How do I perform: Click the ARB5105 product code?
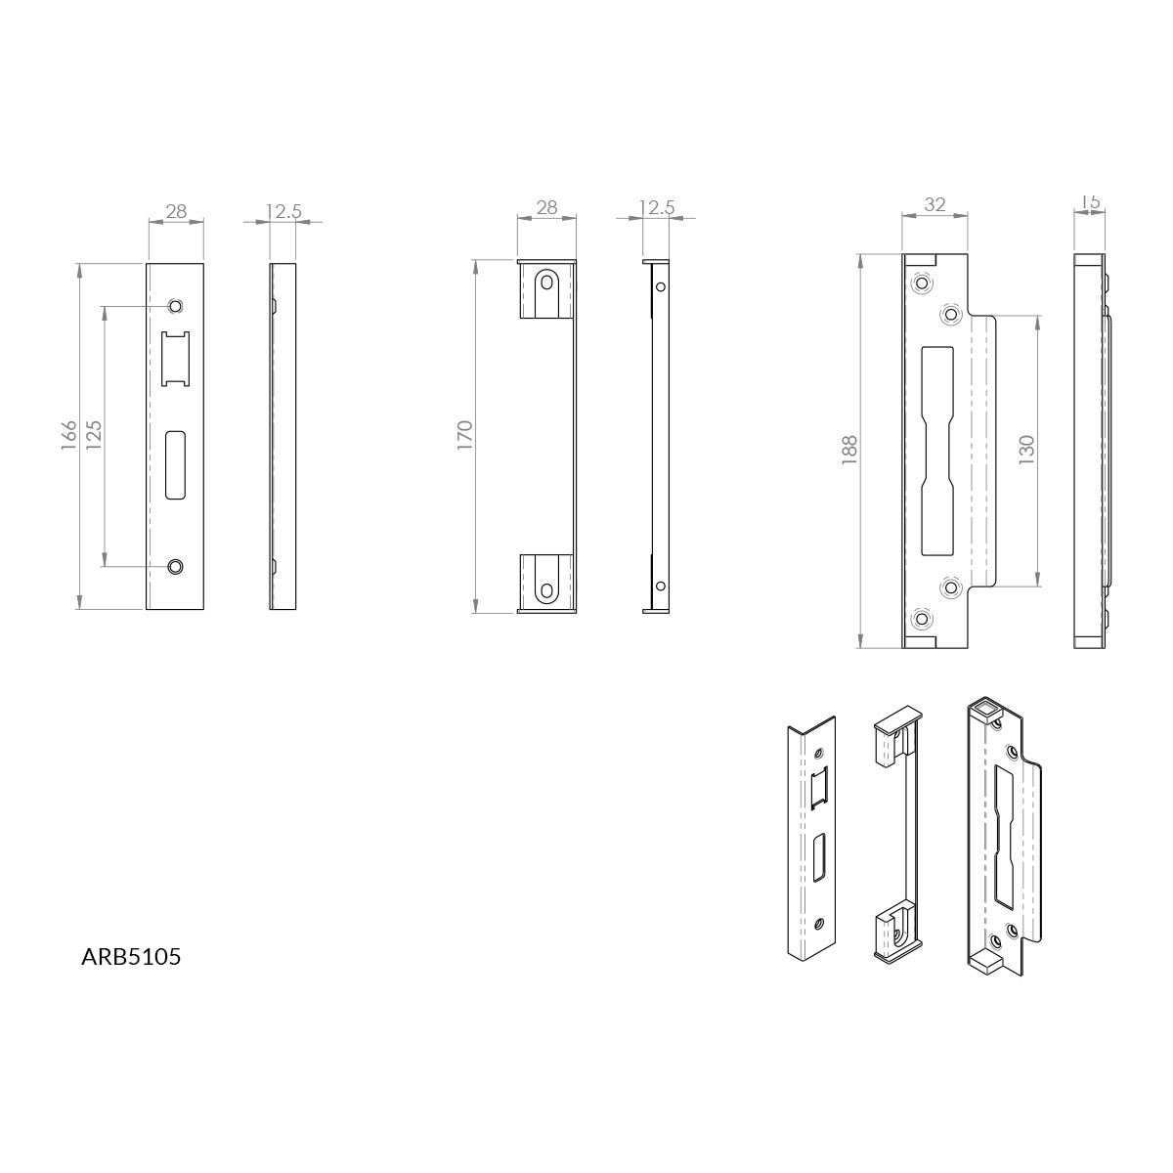[x=131, y=956]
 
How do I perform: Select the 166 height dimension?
[x=68, y=435]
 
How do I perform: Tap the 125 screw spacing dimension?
[x=94, y=435]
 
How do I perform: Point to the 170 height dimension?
[x=464, y=435]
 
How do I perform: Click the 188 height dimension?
[x=849, y=451]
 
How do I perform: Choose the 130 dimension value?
[x=1026, y=451]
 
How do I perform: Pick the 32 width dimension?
[x=934, y=204]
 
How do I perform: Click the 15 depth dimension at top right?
[x=1090, y=201]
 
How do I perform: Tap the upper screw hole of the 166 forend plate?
[x=175, y=306]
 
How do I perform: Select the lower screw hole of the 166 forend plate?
[x=175, y=566]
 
